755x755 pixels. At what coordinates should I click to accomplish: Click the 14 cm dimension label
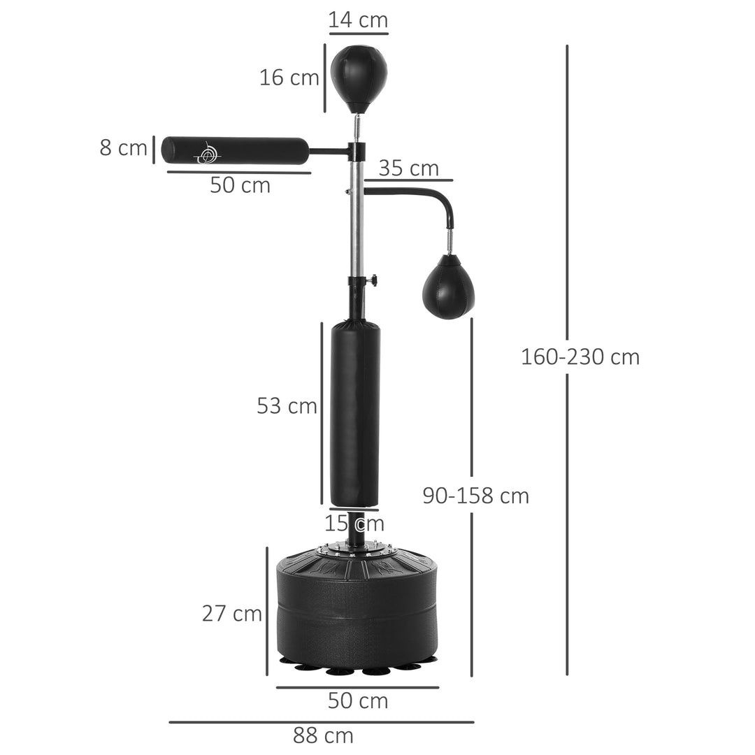[x=358, y=20]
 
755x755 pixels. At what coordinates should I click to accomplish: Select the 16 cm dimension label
[x=289, y=78]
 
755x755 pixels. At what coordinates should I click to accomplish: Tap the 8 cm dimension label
[x=123, y=148]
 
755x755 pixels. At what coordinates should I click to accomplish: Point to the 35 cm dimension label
[x=408, y=168]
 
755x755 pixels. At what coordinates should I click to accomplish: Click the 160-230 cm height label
[x=580, y=357]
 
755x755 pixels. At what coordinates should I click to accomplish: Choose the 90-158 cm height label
[x=475, y=496]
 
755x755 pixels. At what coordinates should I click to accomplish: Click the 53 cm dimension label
[x=287, y=405]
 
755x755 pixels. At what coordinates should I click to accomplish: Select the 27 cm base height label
[x=232, y=613]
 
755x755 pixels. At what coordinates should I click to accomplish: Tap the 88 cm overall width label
[x=323, y=735]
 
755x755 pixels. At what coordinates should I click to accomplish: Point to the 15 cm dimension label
[x=354, y=522]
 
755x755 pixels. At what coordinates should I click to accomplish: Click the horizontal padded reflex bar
[x=235, y=150]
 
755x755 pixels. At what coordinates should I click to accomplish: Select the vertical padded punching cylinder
[x=355, y=412]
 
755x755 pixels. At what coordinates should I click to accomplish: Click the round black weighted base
[x=358, y=608]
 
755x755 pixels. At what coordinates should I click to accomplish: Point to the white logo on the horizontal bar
[x=207, y=152]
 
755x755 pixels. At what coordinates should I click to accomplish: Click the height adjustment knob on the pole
[x=375, y=281]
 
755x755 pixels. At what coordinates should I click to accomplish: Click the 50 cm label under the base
[x=358, y=700]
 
